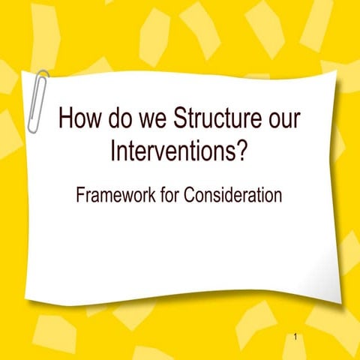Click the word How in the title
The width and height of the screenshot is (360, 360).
click(78, 120)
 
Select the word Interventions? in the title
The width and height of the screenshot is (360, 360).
click(179, 151)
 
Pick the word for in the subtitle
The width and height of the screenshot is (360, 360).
click(171, 196)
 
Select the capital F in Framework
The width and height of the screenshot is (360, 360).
click(81, 196)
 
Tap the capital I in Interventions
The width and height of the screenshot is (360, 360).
click(113, 151)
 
